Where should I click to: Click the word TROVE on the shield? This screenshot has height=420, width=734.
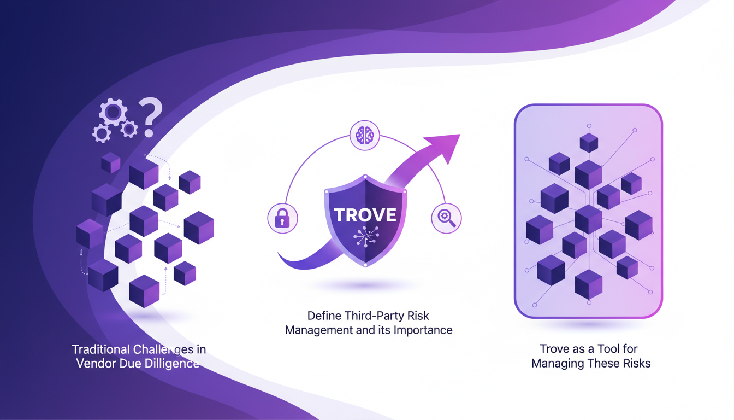coord(365,215)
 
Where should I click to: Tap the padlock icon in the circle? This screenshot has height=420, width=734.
coord(282,219)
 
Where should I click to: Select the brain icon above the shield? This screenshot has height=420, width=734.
coord(364,136)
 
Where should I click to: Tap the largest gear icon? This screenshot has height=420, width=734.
coord(113,113)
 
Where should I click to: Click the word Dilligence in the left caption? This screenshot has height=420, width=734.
coord(170,363)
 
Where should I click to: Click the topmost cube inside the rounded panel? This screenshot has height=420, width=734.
coord(589,143)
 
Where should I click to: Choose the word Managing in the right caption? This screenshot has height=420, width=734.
coord(558,363)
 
